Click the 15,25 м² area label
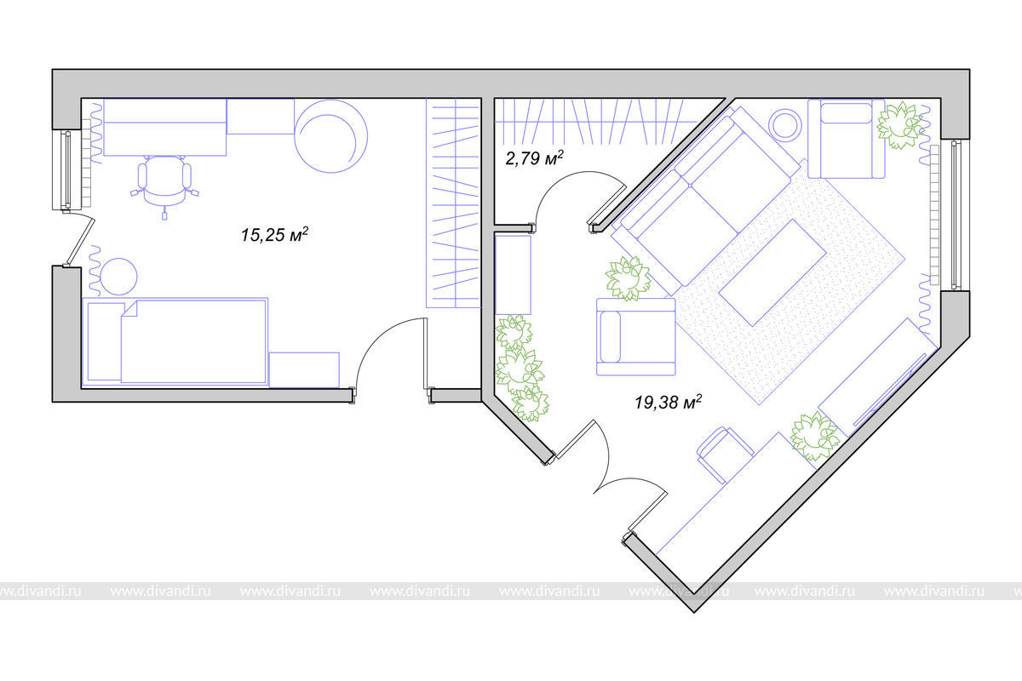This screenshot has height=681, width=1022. click(x=274, y=234)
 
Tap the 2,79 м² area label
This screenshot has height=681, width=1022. click(x=534, y=157)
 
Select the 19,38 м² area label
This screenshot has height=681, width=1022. click(x=669, y=402)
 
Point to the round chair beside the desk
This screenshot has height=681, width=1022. click(x=330, y=136)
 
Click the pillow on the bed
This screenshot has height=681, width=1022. click(x=106, y=341)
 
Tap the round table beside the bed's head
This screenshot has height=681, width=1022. click(x=118, y=277)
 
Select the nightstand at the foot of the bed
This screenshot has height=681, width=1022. click(x=304, y=369)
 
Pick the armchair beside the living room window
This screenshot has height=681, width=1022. click(x=847, y=139)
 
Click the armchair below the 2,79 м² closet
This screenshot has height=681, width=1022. click(x=636, y=336)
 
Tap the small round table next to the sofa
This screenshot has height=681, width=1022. click(x=784, y=124)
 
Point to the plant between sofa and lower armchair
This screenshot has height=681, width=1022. click(x=629, y=278)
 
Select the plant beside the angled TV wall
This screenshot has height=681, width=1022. click(x=815, y=436)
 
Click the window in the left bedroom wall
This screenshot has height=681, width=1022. click(x=67, y=169)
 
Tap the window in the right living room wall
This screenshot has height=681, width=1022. click(x=956, y=215)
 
